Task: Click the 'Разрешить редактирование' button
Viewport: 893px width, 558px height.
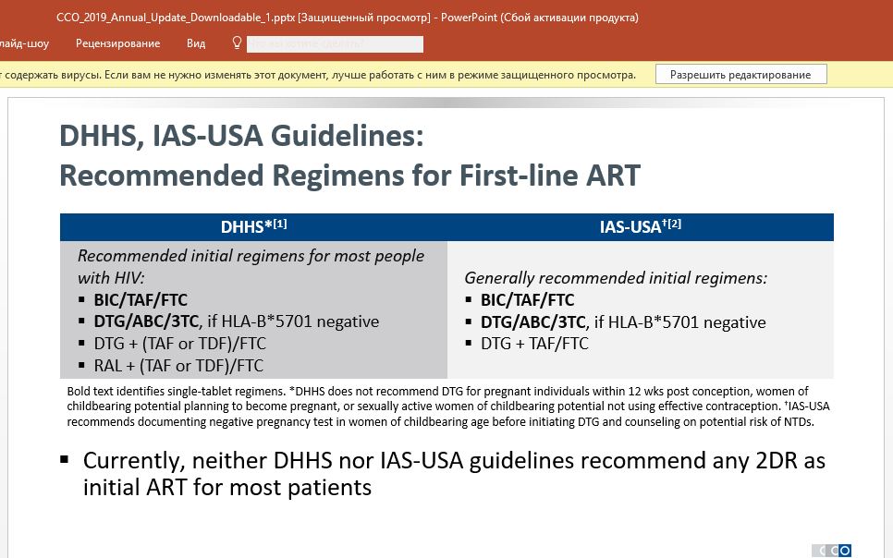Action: pyautogui.click(x=741, y=75)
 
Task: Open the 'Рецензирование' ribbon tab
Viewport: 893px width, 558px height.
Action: pyautogui.click(x=118, y=43)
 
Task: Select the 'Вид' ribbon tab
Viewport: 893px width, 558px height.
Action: pyautogui.click(x=196, y=43)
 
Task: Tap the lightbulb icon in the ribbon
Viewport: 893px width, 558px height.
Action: pyautogui.click(x=237, y=43)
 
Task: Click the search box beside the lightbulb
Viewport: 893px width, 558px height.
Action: pyautogui.click(x=335, y=43)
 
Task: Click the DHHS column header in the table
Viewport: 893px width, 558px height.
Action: pyautogui.click(x=253, y=226)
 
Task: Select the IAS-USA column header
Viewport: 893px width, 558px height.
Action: pyautogui.click(x=640, y=226)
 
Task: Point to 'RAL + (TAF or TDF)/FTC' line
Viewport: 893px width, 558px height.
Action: pyautogui.click(x=178, y=366)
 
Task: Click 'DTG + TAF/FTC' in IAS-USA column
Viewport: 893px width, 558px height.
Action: pyautogui.click(x=534, y=344)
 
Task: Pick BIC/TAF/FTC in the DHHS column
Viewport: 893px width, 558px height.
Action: pyautogui.click(x=141, y=300)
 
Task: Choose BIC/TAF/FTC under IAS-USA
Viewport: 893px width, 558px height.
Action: pyautogui.click(x=527, y=300)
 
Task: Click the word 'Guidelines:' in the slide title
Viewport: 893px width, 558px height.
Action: pyautogui.click(x=347, y=136)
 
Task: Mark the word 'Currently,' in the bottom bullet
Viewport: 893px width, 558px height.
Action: pyautogui.click(x=134, y=462)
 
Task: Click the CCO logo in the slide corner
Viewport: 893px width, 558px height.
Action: pyautogui.click(x=831, y=551)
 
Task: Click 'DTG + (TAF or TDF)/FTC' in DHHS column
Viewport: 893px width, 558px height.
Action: pyautogui.click(x=180, y=344)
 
